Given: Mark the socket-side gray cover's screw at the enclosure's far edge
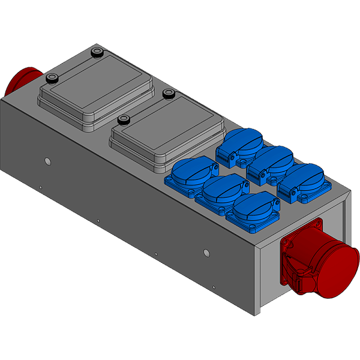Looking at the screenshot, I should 169,94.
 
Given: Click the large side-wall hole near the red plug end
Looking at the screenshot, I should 47,161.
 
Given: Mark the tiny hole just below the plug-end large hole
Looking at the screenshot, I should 40,188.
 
